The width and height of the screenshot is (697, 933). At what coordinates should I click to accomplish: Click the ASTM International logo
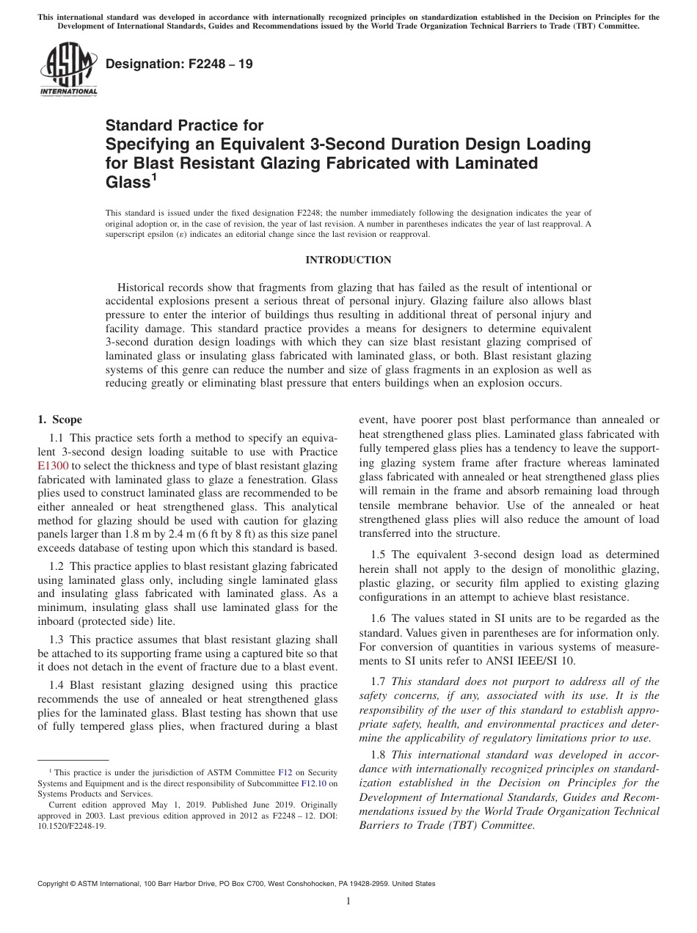pos(68,69)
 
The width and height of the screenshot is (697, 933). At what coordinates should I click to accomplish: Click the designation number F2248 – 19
pos(180,64)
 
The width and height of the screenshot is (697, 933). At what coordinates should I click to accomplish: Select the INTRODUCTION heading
pos(348,260)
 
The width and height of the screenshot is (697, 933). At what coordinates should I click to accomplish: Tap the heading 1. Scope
pos(59,420)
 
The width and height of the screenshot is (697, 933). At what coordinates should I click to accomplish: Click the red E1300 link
pos(52,465)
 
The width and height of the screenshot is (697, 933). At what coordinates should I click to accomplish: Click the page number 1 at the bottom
pos(348,901)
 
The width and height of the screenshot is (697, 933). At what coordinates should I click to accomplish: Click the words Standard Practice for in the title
pos(184,125)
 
